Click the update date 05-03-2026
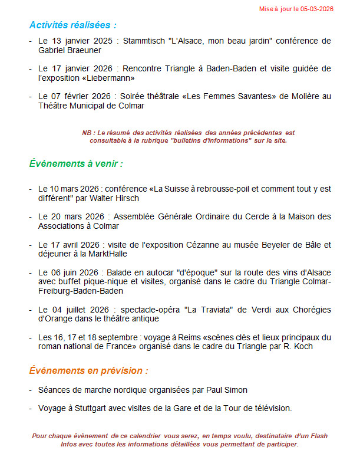(x=316, y=9)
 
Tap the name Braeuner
(x=84, y=50)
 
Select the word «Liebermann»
(x=113, y=78)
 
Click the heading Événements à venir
(x=76, y=163)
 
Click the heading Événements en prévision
(x=88, y=371)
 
